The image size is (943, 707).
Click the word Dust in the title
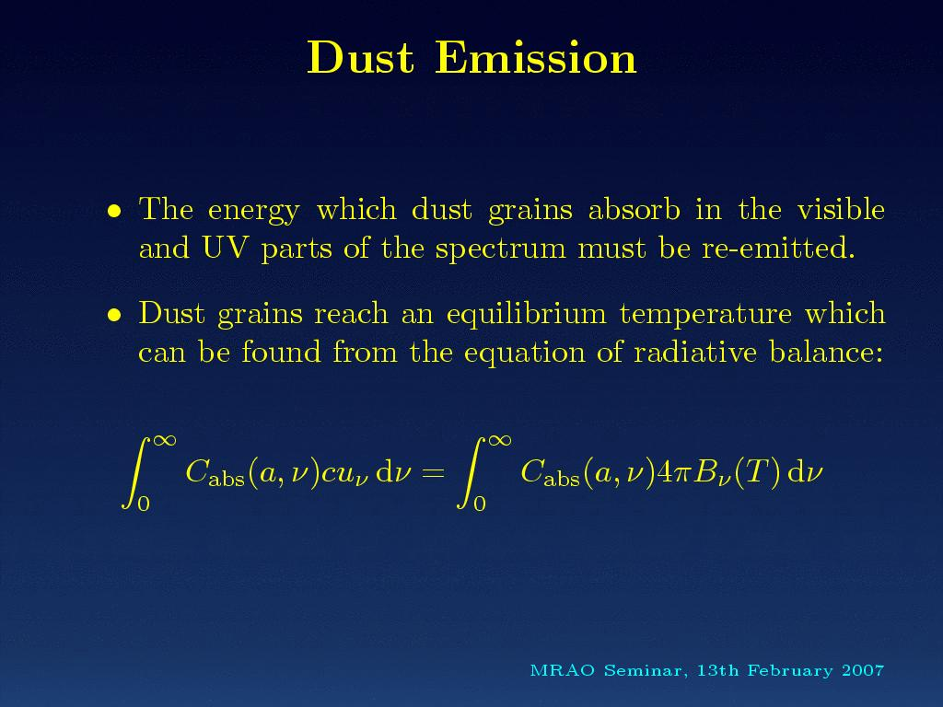[x=361, y=58]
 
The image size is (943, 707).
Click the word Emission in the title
[x=536, y=58]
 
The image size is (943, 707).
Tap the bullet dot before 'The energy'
[x=114, y=211]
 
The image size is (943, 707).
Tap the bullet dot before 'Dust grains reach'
[x=114, y=315]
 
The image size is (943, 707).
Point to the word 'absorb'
[x=634, y=209]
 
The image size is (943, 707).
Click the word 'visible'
[x=841, y=209]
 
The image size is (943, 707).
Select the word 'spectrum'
[x=500, y=249]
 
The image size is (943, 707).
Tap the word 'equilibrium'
[x=526, y=315]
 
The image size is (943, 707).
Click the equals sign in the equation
[x=433, y=472]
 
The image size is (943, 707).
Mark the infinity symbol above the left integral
[x=164, y=441]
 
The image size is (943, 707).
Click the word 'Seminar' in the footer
[x=643, y=670]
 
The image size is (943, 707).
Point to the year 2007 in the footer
[x=863, y=670]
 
